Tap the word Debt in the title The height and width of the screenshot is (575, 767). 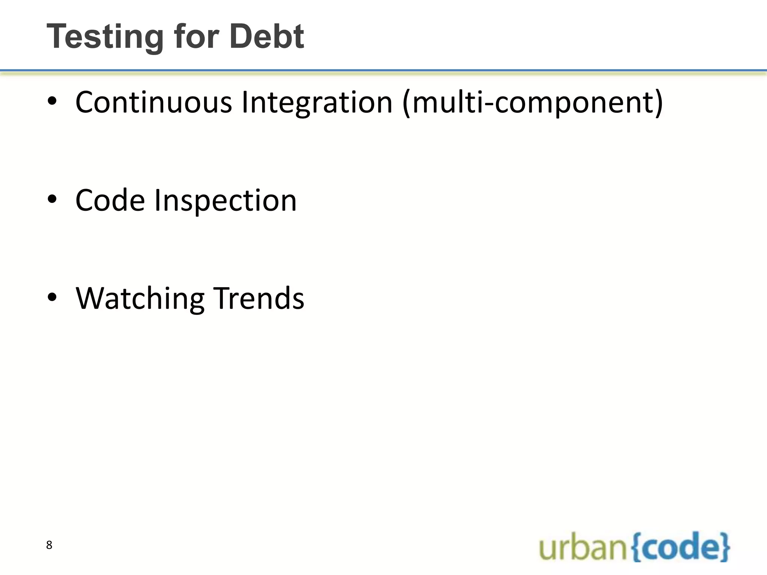[x=267, y=37]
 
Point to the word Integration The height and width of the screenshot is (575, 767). [x=317, y=103]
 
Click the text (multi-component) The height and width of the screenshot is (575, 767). [x=532, y=103]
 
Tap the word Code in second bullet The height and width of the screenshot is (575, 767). [x=110, y=200]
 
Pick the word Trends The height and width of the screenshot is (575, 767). [x=259, y=298]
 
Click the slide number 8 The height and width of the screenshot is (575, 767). [x=49, y=545]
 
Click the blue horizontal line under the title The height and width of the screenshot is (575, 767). [x=383, y=70]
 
